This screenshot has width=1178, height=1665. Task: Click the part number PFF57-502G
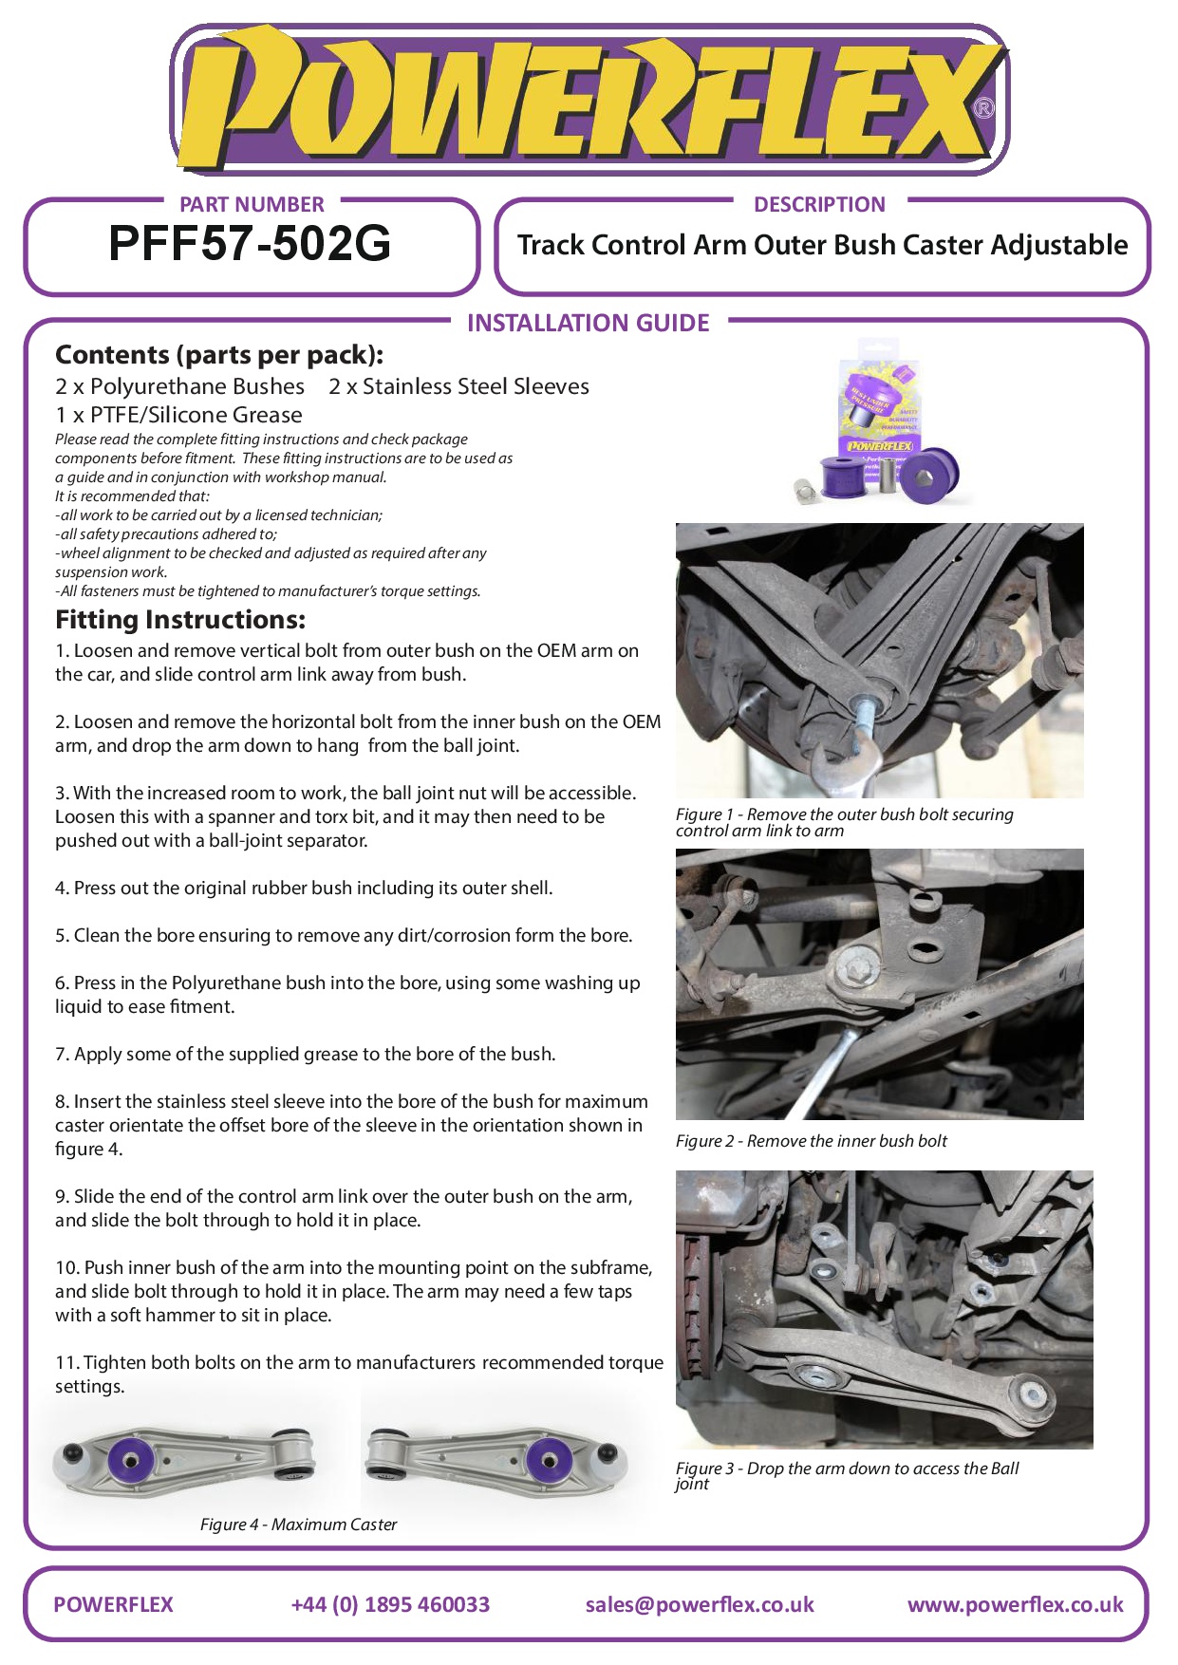pos(250,244)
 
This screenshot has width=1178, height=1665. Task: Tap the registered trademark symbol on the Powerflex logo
pos(984,108)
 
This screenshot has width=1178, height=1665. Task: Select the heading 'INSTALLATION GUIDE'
pos(588,324)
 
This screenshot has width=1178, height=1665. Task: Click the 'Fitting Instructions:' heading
pos(180,620)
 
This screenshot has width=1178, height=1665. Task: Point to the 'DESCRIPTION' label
pos(819,204)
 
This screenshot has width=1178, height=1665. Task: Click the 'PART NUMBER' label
pos(252,204)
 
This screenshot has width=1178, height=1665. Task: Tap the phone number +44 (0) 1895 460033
pos(390,1604)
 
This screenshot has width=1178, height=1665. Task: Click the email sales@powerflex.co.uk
pos(700,1604)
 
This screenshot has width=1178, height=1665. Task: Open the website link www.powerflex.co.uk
pos(1015,1604)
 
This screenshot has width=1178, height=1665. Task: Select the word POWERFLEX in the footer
pos(114,1604)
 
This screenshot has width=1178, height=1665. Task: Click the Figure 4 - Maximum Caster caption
pos(298,1525)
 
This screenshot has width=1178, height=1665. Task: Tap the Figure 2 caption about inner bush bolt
pos(811,1141)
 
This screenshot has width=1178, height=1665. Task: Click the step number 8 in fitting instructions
pos(62,1102)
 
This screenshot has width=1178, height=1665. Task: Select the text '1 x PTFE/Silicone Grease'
pos(178,415)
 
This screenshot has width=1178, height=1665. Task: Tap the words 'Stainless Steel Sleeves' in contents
pos(476,386)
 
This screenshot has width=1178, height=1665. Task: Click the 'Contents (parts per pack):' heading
pos(219,355)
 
